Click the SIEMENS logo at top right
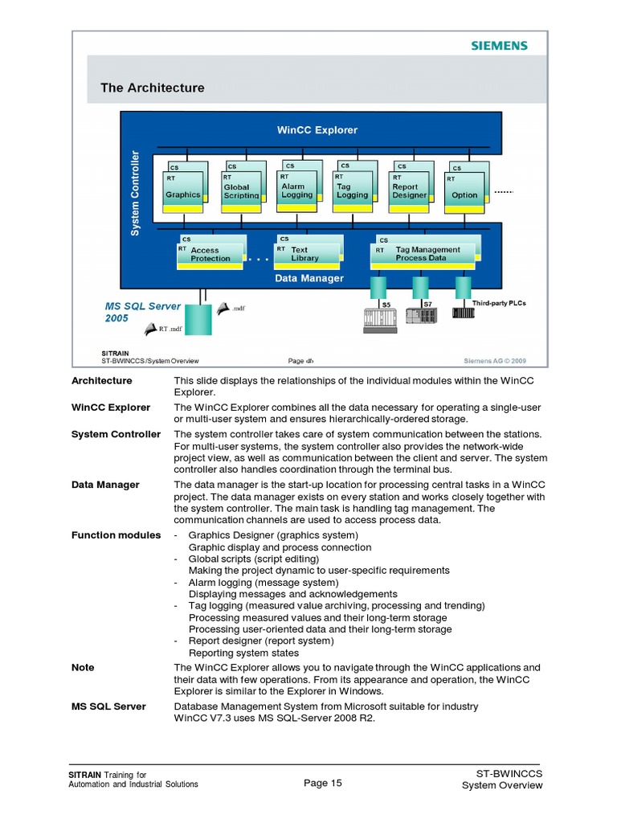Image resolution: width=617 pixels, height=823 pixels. [x=499, y=46]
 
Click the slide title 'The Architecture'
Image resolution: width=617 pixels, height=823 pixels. [x=152, y=88]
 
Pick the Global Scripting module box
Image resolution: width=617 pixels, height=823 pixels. [x=241, y=189]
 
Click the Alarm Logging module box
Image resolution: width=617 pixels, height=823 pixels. [x=297, y=188]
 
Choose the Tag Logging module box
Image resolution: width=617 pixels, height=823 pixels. [x=353, y=188]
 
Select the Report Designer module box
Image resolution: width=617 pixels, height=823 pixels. [x=409, y=189]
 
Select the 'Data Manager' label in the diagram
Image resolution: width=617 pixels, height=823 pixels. [x=309, y=278]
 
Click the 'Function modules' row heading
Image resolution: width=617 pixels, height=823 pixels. [x=116, y=535]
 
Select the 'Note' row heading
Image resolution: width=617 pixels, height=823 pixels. [x=83, y=667]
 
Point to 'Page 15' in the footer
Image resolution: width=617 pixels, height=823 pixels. [x=323, y=784]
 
